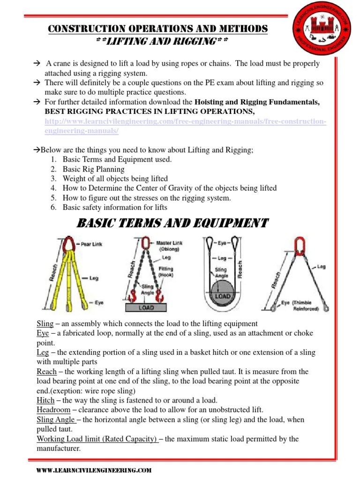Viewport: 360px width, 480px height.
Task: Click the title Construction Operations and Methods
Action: coord(158,29)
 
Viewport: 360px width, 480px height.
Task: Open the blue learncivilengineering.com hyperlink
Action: coord(185,126)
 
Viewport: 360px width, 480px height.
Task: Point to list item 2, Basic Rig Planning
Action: coord(93,169)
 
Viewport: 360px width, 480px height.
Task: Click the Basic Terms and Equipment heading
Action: coord(172,223)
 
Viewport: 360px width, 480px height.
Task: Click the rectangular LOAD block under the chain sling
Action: coord(146,307)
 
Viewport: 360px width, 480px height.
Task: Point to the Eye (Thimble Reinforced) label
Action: coord(300,306)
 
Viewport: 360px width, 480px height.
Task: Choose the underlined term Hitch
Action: coord(45,401)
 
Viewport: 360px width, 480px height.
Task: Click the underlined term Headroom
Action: coord(53,410)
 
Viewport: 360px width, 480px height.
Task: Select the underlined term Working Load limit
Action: coord(97,439)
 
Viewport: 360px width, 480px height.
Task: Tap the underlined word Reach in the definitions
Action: coord(46,372)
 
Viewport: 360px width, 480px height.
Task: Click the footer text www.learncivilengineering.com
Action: coord(94,470)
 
